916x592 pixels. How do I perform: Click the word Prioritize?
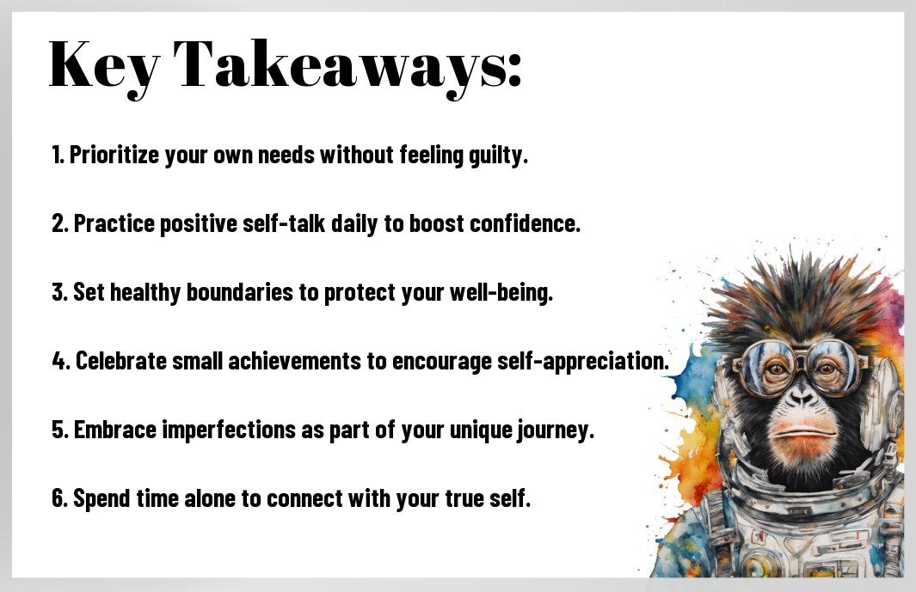pos(114,156)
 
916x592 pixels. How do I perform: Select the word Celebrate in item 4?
pos(121,361)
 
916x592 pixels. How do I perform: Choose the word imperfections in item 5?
pos(229,430)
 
